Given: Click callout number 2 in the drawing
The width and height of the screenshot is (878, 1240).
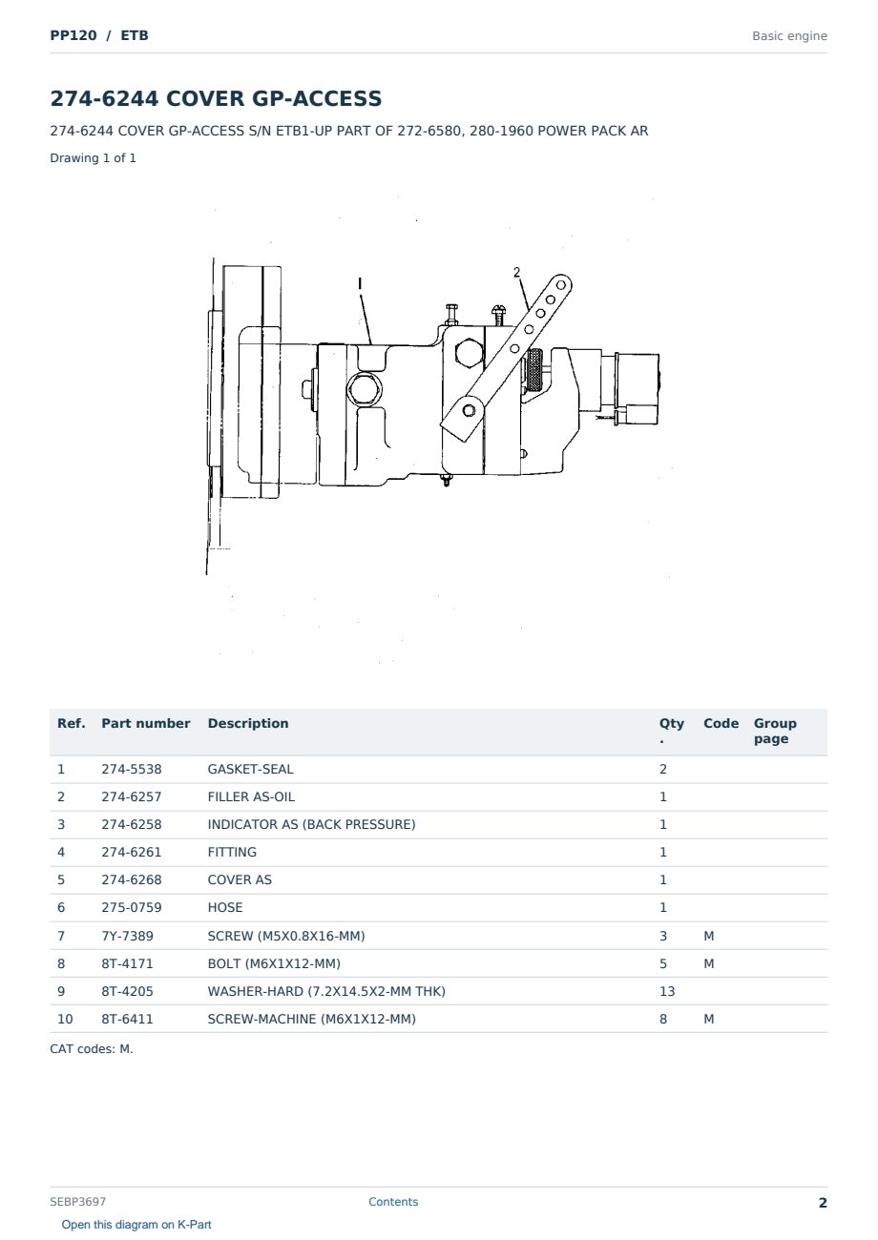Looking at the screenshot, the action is pos(516,272).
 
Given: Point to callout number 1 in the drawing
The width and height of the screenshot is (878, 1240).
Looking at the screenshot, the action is pos(360,284).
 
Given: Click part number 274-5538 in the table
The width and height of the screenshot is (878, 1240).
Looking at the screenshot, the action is pos(132,769).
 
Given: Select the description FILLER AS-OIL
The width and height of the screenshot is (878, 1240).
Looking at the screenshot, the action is pos(251,796).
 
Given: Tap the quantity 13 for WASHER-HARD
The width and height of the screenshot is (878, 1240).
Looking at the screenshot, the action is pos(667,991).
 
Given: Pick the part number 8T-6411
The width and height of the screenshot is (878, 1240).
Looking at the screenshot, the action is pos(127,1019).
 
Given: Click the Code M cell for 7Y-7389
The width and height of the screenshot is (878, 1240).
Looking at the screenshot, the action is pos(708,936).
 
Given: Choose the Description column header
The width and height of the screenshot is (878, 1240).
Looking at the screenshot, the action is pos(247,723).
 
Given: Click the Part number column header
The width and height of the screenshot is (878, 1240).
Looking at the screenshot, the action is pos(145,723).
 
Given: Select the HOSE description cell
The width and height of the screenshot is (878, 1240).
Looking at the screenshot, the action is pos(225,907).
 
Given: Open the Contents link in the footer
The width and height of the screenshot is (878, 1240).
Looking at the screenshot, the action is pos(393,1201).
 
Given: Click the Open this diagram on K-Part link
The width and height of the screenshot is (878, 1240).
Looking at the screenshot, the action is pos(136,1225).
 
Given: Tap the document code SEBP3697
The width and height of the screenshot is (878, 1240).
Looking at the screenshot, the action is pos(77,1201).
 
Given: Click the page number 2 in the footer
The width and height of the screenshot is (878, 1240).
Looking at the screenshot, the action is pos(823,1203).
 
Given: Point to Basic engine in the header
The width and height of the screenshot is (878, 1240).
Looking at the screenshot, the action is pos(789,36).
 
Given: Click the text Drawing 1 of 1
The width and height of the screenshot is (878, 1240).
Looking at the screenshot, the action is pos(93,157).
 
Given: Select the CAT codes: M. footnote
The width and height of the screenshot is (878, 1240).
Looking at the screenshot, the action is pos(92,1048).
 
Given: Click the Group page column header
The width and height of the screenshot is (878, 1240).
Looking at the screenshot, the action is pos(775,731).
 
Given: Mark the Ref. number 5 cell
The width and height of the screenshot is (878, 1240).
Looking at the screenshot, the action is pos(61,879).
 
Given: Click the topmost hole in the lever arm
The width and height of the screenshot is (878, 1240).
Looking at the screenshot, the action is pos(560,285).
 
